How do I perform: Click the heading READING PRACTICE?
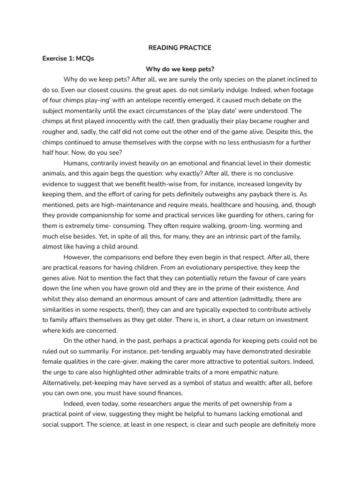(x=180, y=48)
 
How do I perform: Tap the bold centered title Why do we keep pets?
(x=180, y=69)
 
